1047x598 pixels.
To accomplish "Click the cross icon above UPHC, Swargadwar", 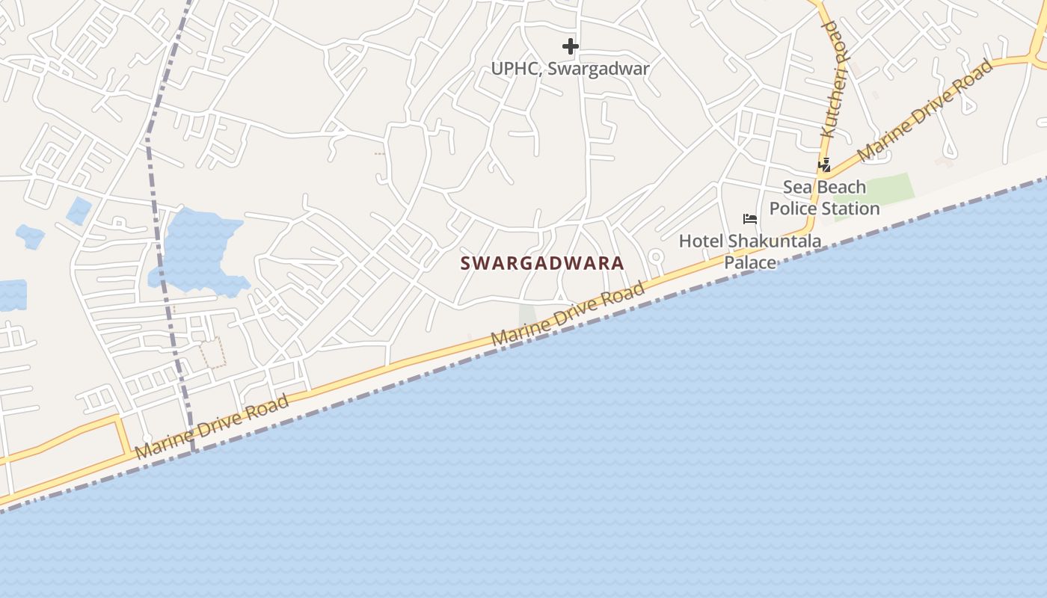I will (x=571, y=46).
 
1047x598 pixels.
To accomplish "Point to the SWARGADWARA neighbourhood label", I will (x=541, y=263).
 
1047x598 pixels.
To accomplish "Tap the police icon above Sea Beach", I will (x=824, y=164).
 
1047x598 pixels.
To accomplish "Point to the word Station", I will (x=853, y=209).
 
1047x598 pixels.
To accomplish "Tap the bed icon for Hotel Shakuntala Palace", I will (x=750, y=219).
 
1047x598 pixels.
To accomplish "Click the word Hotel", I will (x=701, y=241).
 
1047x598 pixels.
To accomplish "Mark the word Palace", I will (x=750, y=262).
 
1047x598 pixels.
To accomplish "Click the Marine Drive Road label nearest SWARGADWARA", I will (x=568, y=313).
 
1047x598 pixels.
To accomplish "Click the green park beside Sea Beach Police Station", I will (x=882, y=191).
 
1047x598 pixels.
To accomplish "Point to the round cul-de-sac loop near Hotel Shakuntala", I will (x=656, y=258).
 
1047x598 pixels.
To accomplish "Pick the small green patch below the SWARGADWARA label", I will (x=528, y=314).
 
